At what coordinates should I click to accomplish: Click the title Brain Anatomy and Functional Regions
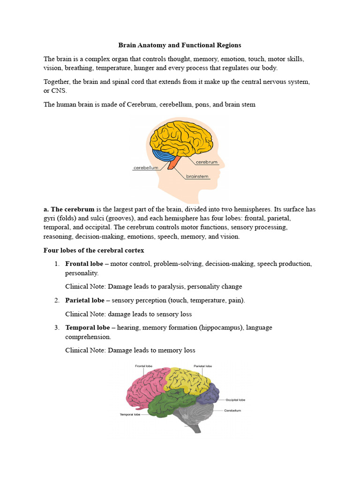(180, 45)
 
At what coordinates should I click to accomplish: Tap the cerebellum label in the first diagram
(145, 167)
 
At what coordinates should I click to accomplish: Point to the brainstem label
(197, 177)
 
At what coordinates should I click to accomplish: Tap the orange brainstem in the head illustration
(173, 164)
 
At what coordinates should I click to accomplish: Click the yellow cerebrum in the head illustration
(183, 136)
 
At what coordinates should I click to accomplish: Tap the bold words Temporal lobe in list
(87, 328)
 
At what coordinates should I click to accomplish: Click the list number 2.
(56, 300)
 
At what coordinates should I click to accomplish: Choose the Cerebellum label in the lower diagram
(232, 410)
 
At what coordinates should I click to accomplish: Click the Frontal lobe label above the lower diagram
(142, 366)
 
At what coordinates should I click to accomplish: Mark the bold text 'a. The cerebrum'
(69, 209)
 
